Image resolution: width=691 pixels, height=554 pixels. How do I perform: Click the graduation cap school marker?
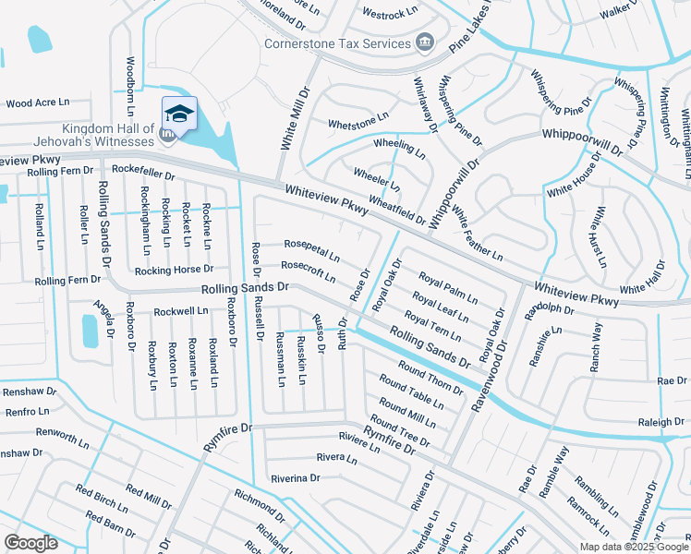[179, 114]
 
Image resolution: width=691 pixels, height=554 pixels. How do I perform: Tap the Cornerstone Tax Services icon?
[425, 42]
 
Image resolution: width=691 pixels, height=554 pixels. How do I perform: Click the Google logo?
[31, 543]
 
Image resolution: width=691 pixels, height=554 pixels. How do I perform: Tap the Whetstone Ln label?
[358, 121]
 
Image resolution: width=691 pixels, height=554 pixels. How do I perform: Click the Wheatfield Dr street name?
[397, 210]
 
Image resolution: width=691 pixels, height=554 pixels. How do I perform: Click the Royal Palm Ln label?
[448, 288]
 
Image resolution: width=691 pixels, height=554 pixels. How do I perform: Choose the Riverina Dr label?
[295, 478]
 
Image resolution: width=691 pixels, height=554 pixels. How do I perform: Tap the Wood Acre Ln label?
[31, 103]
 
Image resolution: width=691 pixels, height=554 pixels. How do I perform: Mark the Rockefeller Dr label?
[143, 171]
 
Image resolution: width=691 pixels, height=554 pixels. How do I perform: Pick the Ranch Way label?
[596, 347]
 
